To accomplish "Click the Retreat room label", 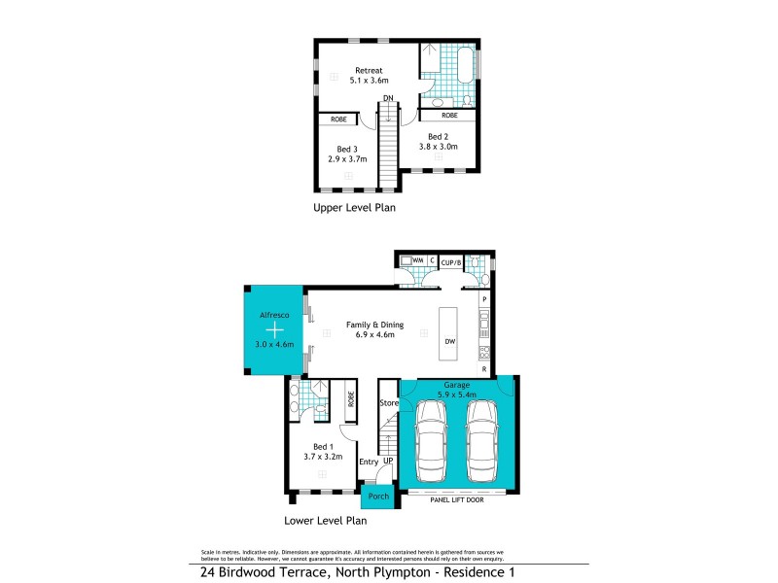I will (369, 71).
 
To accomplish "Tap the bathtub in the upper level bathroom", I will (464, 64).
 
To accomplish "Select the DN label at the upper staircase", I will (387, 98).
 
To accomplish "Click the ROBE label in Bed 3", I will (338, 120).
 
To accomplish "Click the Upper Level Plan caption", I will (354, 208).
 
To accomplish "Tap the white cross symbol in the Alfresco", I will (272, 330).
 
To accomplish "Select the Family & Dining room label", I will (374, 325).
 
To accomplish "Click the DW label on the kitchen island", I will (449, 341).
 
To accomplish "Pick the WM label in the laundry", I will (417, 261).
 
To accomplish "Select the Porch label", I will (377, 497).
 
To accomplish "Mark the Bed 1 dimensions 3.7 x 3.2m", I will (322, 456).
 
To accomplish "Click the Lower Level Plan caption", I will (325, 520).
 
